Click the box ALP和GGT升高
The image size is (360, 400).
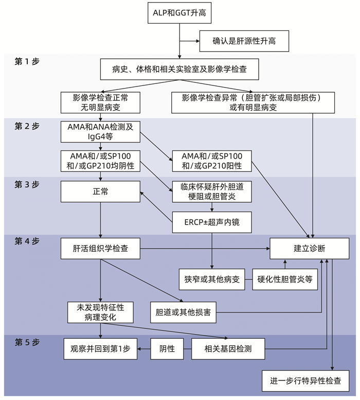pos(179,12)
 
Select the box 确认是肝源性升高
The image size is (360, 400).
pos(244,41)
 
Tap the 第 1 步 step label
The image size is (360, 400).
pos(27,61)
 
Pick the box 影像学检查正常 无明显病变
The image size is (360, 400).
pos(100,102)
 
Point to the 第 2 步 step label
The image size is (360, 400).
pos(27,126)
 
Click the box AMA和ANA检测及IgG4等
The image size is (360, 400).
pos(100,132)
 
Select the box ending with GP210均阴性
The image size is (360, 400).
pos(100,161)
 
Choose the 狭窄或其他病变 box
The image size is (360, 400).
pos(212,280)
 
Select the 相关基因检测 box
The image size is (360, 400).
pos(228,349)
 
